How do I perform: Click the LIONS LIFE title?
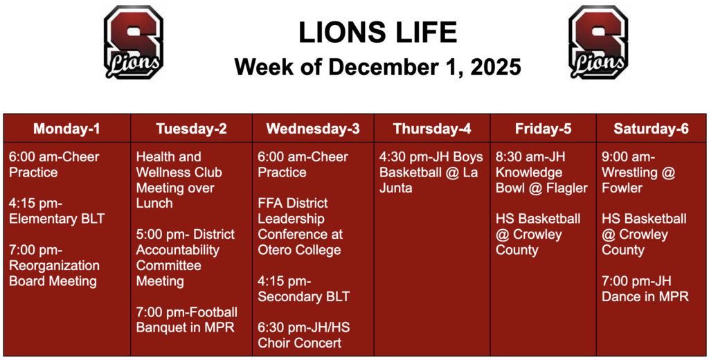(x=377, y=32)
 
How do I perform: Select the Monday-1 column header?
(x=66, y=129)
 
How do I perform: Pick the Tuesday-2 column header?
(x=191, y=129)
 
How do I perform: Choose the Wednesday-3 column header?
(x=313, y=129)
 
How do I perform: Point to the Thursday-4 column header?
(x=432, y=129)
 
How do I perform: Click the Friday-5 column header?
(x=543, y=129)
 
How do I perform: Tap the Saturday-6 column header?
(x=651, y=129)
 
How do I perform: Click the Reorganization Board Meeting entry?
(x=54, y=266)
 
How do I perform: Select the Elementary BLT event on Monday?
(x=57, y=211)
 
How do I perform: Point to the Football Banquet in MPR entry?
(x=186, y=320)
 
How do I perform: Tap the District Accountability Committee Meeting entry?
(x=185, y=258)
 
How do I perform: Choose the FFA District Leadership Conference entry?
(x=300, y=226)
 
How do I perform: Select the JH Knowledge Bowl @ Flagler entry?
(x=541, y=172)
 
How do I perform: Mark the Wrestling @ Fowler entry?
(x=638, y=172)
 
